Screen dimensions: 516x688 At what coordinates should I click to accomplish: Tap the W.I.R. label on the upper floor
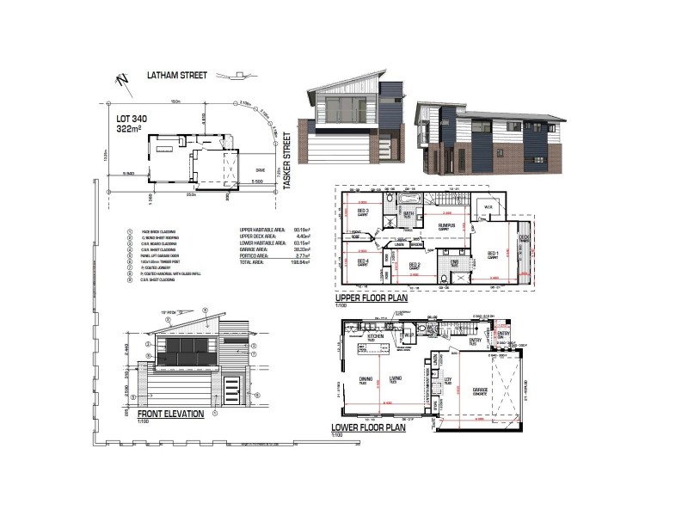pos(487,207)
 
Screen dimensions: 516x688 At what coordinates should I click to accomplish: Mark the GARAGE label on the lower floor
pos(480,390)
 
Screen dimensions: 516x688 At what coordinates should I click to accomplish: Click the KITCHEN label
pos(376,336)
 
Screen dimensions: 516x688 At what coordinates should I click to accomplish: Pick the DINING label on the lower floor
pos(365,378)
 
